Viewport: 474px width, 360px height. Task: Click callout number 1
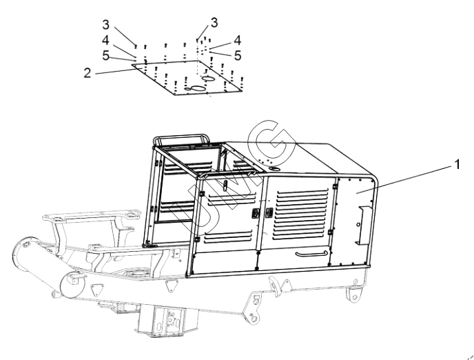[457, 165]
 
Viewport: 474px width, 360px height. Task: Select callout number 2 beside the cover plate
[87, 73]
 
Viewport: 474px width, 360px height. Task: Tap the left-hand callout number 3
[105, 25]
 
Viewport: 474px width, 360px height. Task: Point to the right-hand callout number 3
[214, 22]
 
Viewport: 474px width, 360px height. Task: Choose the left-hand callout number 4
[105, 40]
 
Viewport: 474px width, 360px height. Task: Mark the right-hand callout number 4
[238, 40]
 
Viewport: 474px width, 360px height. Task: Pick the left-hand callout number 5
[105, 55]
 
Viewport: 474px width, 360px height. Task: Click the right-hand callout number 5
[238, 55]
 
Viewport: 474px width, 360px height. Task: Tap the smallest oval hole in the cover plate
[188, 89]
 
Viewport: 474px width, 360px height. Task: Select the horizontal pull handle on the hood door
[311, 254]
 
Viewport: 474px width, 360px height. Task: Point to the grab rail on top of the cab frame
[181, 139]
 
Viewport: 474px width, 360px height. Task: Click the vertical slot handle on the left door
[225, 185]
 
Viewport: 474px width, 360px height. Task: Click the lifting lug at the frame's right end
[354, 293]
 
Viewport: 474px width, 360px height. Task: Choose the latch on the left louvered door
[255, 213]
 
